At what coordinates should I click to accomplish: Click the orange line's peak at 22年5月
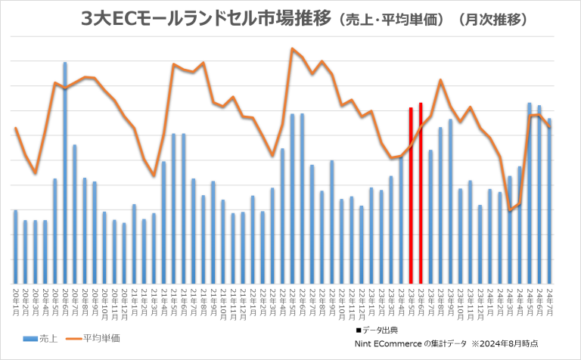click(292, 48)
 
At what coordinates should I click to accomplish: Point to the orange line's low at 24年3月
click(510, 211)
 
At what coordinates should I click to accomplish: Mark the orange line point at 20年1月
click(15, 129)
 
